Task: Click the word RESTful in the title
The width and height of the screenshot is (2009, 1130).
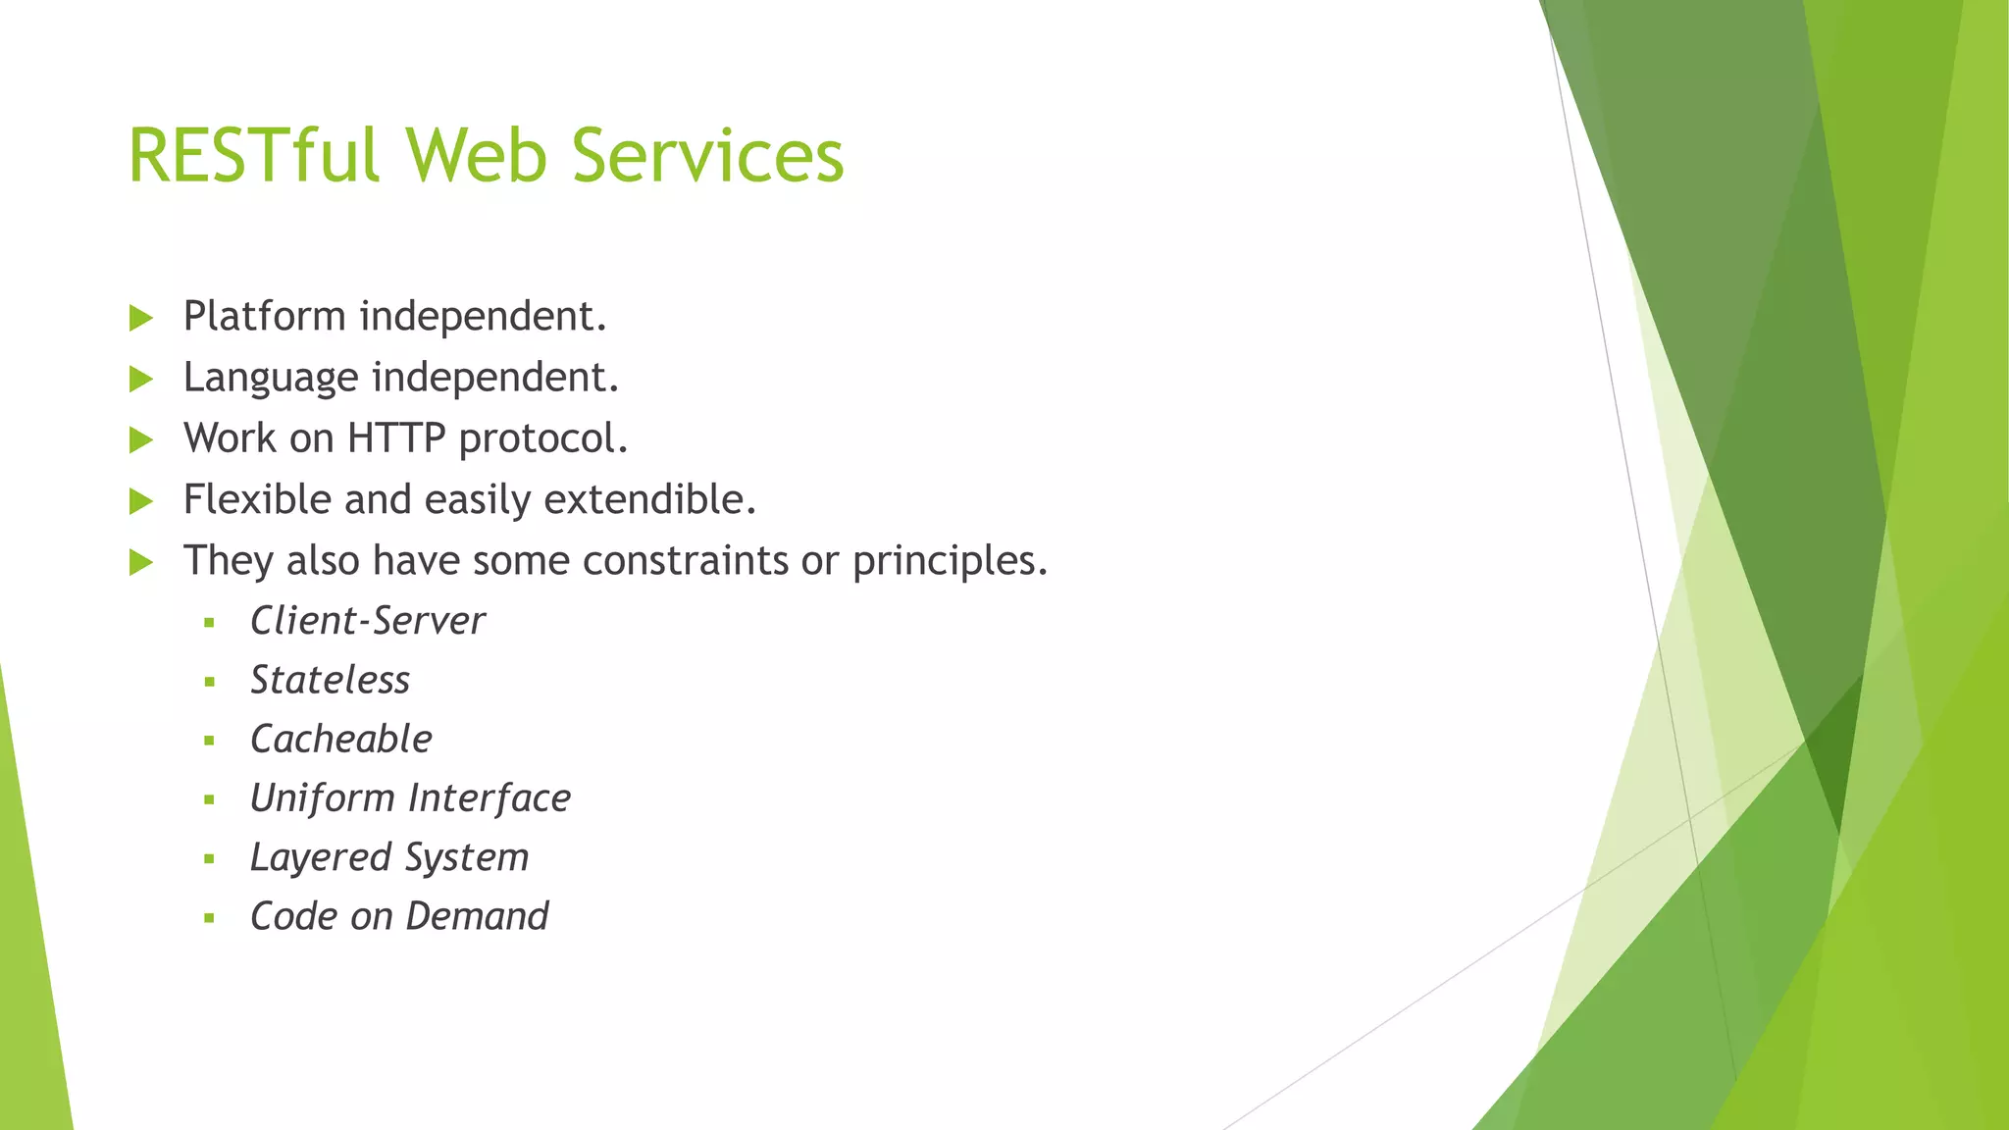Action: tap(253, 157)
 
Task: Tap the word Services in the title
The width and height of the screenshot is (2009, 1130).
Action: tap(707, 157)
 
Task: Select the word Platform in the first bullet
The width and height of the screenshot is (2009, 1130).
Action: tap(265, 317)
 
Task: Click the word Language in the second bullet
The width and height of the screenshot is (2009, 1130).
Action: tap(271, 379)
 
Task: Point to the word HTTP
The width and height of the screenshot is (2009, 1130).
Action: tap(396, 438)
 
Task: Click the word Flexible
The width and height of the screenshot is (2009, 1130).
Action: tap(257, 499)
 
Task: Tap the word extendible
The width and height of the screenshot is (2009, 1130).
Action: tap(649, 499)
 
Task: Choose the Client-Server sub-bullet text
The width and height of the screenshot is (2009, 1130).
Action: tap(367, 621)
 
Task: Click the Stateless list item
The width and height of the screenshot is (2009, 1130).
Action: tap(330, 680)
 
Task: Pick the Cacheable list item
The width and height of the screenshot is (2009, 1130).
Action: tap(340, 739)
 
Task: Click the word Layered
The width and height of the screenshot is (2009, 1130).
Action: tap(321, 857)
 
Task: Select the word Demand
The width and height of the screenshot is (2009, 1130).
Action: tap(477, 916)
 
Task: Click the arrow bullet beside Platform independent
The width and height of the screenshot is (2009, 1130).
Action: tap(141, 318)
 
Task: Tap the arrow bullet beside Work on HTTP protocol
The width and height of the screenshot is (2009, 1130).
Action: tap(141, 440)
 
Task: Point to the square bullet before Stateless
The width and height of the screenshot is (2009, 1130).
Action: tap(209, 682)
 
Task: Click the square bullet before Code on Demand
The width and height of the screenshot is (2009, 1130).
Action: tap(209, 918)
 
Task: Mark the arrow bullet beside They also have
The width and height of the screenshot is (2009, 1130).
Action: tap(141, 562)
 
